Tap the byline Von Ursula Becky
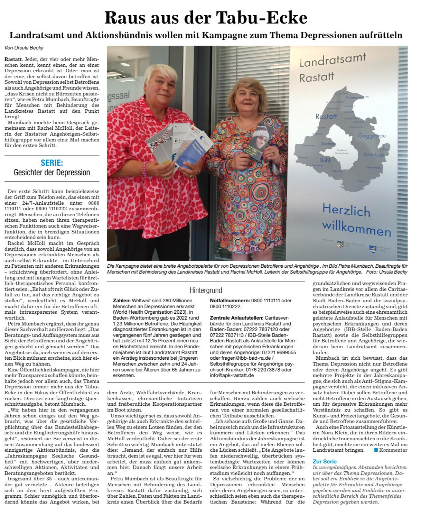tap(24, 48)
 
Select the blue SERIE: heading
tap(52, 163)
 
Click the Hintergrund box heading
tap(206, 290)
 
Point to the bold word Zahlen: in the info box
tap(121, 301)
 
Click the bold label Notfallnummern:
tap(230, 301)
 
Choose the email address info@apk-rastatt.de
tap(232, 375)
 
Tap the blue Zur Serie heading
tap(324, 461)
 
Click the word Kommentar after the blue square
tap(393, 450)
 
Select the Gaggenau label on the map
tap(372, 136)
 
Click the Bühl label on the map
tap(325, 160)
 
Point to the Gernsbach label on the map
tap(374, 155)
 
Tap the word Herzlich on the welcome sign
tap(346, 210)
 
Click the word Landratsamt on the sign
tap(333, 61)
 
